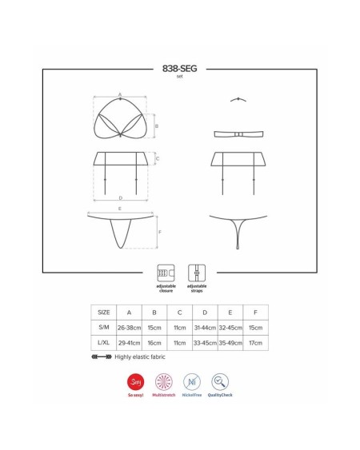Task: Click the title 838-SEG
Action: pos(179,69)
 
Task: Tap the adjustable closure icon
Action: pos(166,273)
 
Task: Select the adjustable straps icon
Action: pos(197,273)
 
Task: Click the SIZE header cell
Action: pos(103,313)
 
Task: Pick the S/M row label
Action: pos(103,328)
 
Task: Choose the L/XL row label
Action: pos(103,343)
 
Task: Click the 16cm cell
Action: pos(156,343)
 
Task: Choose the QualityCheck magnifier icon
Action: pos(220,381)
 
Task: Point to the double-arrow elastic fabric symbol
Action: pos(102,357)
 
